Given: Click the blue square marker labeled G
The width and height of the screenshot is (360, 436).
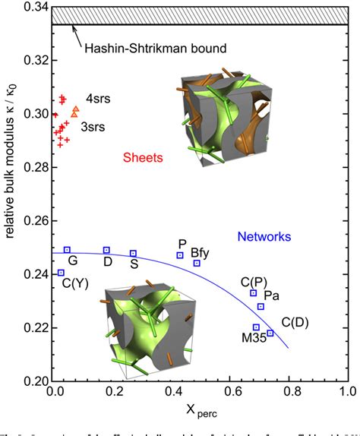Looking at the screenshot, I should pyautogui.click(x=67, y=250).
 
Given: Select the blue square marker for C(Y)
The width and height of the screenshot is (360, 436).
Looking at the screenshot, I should pyautogui.click(x=61, y=273).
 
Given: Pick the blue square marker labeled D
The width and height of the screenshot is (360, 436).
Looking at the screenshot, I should pyautogui.click(x=106, y=250).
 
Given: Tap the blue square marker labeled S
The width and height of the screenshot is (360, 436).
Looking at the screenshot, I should pyautogui.click(x=133, y=253).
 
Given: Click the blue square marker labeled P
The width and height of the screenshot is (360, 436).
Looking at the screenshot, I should pyautogui.click(x=180, y=255).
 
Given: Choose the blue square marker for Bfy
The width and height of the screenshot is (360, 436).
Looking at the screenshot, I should pyautogui.click(x=197, y=263).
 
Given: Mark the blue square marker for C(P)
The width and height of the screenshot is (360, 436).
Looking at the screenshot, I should pyautogui.click(x=253, y=293).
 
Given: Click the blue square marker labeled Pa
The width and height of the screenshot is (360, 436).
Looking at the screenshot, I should pyautogui.click(x=261, y=306).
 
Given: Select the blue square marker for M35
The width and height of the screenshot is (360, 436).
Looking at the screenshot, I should pyautogui.click(x=256, y=327).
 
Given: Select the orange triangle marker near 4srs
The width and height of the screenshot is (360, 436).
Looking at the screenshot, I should pyautogui.click(x=74, y=112).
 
